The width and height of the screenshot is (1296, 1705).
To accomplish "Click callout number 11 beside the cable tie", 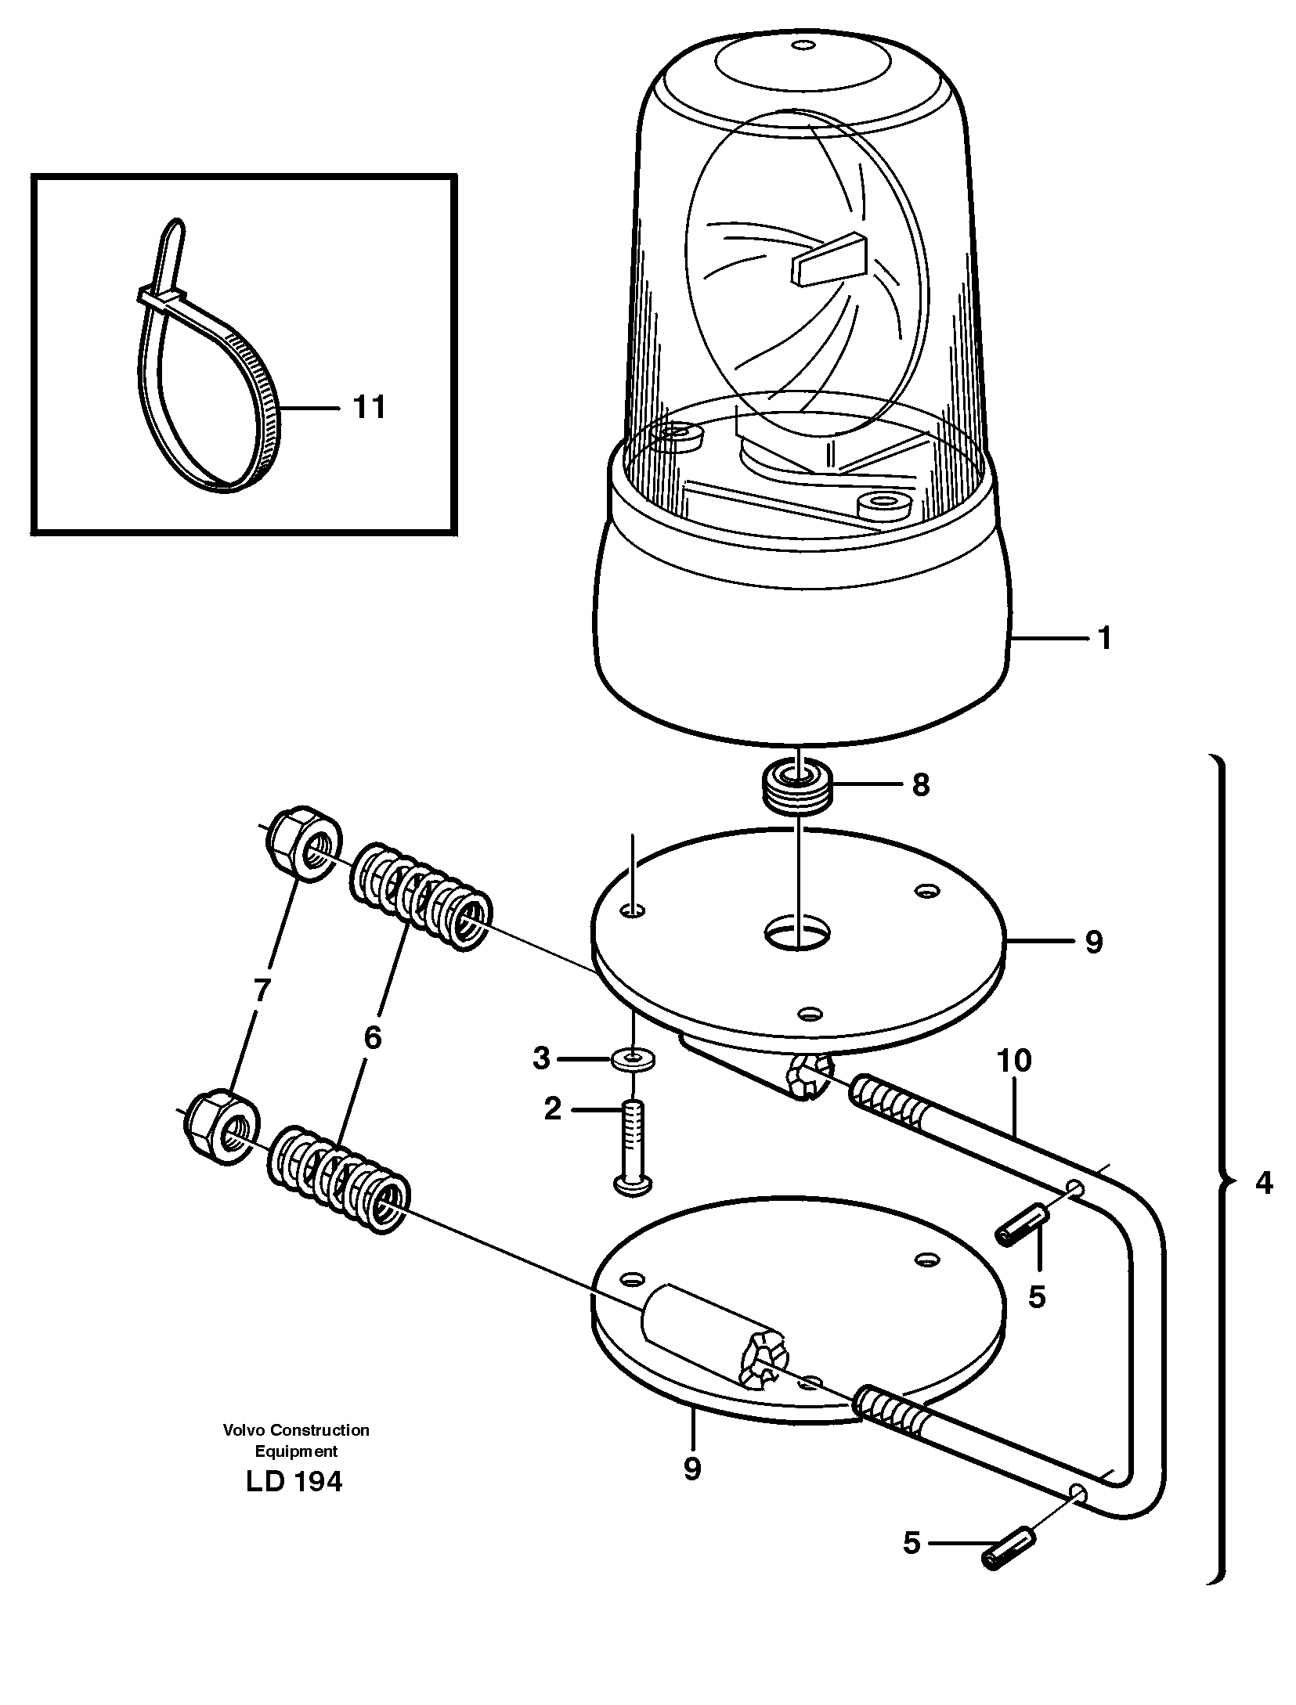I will click(x=369, y=408).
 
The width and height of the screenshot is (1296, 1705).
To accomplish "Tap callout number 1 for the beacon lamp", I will click(x=1104, y=640).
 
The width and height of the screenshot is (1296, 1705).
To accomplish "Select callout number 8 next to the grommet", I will click(x=920, y=784).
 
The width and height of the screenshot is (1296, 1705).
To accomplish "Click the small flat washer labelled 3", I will click(x=633, y=1062).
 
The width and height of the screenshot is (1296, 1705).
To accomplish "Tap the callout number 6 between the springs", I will click(x=371, y=1038).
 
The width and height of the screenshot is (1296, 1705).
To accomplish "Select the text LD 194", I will click(x=294, y=1482).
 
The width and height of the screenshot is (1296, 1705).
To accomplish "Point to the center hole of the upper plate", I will click(x=796, y=933).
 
